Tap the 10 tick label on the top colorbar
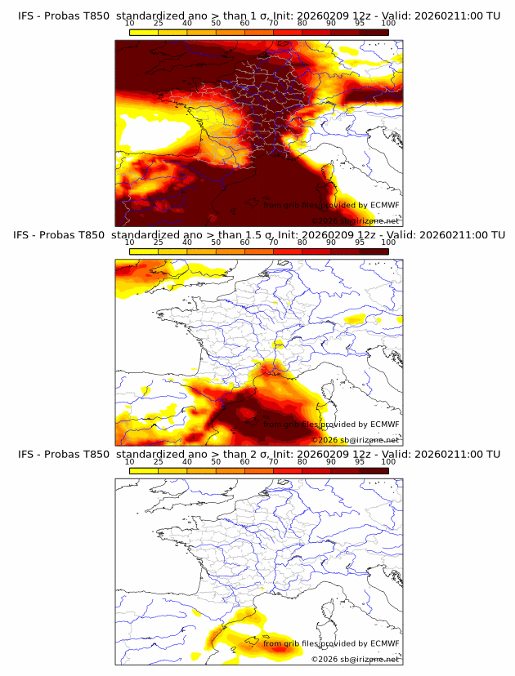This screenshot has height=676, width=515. click(130, 24)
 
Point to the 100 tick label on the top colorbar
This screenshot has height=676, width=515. click(389, 24)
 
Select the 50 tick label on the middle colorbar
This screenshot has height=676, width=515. click(216, 242)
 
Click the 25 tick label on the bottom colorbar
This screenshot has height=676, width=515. click(159, 461)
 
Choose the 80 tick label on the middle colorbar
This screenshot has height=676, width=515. click(302, 242)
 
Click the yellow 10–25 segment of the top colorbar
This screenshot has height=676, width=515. click(144, 33)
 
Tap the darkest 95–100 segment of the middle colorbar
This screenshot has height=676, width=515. click(374, 251)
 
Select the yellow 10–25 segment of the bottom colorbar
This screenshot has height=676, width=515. click(144, 470)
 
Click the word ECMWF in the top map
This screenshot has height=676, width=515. click(384, 206)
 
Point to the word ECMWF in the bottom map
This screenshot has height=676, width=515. click(384, 643)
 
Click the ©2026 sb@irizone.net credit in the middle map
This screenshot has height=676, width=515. click(356, 440)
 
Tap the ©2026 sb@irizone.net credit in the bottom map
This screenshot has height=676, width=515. click(356, 659)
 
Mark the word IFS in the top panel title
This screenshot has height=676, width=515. click(26, 16)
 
